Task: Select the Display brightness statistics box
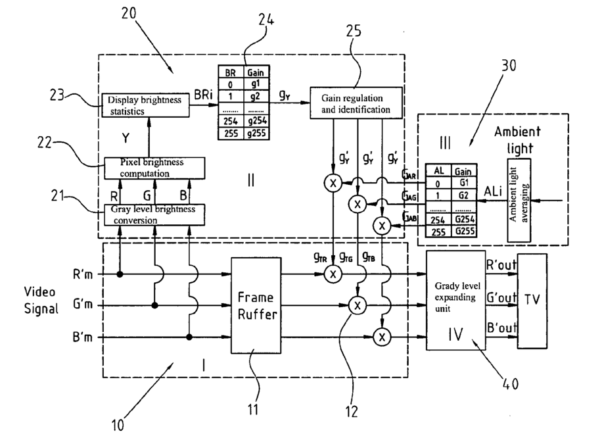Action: (x=147, y=106)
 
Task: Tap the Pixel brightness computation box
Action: (x=147, y=168)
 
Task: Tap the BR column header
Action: (x=231, y=73)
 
